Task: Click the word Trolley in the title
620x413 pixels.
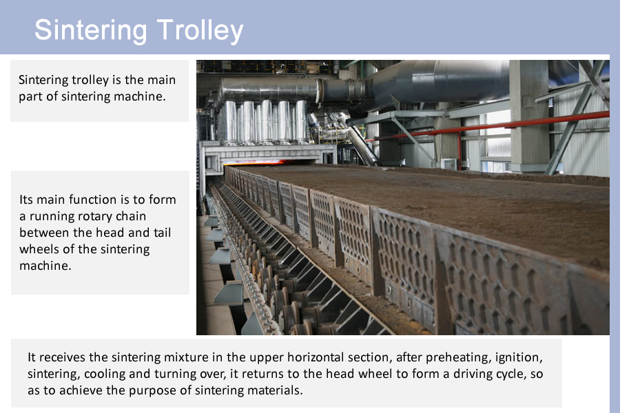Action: point(200,30)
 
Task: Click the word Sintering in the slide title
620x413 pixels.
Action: point(90,30)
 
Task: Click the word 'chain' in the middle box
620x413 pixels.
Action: point(131,216)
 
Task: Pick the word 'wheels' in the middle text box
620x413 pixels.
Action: point(39,249)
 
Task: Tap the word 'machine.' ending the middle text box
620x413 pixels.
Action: point(45,266)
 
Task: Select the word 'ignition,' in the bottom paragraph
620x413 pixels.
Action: point(519,357)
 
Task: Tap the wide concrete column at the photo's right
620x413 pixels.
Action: point(528,115)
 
